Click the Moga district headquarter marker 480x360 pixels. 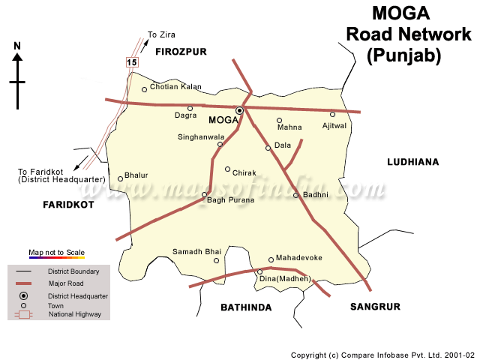[239, 110]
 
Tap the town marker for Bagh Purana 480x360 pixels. [204, 194]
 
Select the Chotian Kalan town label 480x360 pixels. [175, 87]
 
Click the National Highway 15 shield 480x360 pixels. [132, 62]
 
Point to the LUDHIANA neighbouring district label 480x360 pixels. [412, 162]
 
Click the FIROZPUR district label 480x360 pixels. [180, 52]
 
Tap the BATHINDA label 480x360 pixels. [246, 307]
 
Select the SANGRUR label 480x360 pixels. [375, 307]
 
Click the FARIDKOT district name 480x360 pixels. [68, 205]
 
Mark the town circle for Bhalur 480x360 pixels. [120, 178]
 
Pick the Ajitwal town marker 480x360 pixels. [333, 115]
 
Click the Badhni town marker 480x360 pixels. [295, 196]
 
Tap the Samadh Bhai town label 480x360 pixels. [197, 251]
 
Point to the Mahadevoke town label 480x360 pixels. [298, 258]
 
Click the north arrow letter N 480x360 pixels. [16, 46]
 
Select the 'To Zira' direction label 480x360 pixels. [161, 34]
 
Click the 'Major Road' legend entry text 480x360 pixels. [65, 283]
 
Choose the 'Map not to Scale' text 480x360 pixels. [56, 252]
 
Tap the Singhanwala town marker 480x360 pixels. [220, 145]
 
